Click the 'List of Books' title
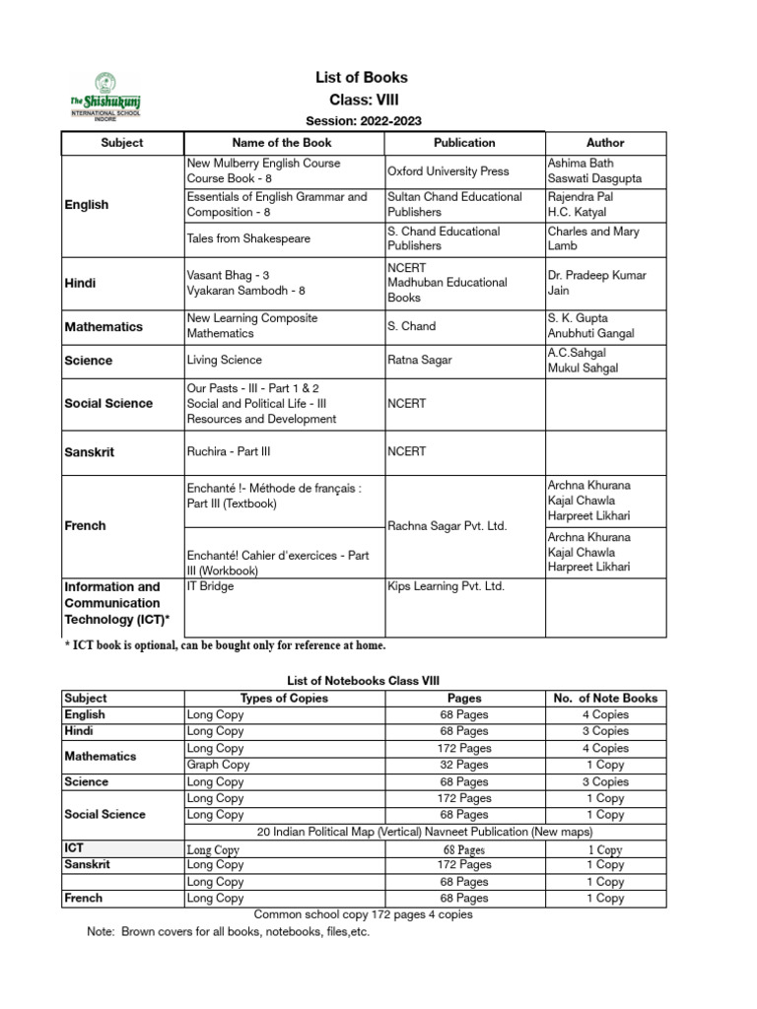point(361,77)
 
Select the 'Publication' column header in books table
point(464,143)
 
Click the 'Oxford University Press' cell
point(448,170)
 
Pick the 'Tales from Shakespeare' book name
point(247,238)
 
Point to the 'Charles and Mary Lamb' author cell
point(593,238)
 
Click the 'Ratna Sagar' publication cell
point(420,360)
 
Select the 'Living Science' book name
point(224,360)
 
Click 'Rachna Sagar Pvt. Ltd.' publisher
point(447,526)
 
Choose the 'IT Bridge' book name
point(210,586)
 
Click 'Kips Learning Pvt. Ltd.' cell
point(446,586)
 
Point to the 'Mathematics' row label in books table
point(103,326)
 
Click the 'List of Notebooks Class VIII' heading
point(363,680)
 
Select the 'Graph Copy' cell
point(218,765)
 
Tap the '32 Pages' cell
point(463,765)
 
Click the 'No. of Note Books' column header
point(605,698)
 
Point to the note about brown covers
point(229,932)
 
